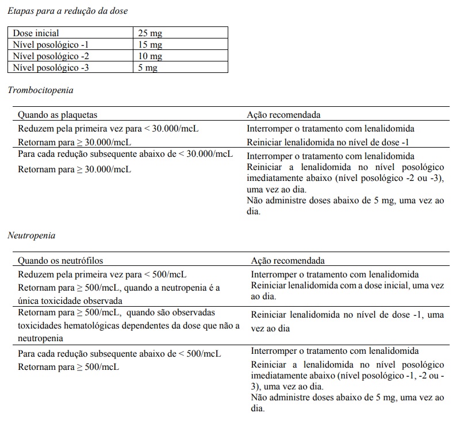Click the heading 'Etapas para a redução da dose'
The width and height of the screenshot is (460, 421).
tap(68, 11)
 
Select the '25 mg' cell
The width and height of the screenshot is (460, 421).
tap(150, 33)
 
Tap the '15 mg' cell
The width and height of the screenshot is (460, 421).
tap(150, 45)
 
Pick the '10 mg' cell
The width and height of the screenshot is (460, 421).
tap(150, 56)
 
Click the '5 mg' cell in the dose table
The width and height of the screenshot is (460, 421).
tap(148, 68)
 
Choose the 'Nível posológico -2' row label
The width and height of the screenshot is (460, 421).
tap(51, 56)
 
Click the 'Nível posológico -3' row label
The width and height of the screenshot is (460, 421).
tap(51, 68)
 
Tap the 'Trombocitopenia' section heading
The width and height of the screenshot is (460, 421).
tap(40, 90)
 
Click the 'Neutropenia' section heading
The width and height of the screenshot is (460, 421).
tap(32, 235)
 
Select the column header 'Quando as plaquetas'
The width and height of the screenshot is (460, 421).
tap(57, 115)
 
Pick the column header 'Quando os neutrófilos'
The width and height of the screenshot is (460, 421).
tap(60, 260)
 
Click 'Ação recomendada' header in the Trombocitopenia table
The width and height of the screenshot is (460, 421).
tap(283, 115)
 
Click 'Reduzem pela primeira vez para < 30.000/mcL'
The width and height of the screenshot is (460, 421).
tap(109, 129)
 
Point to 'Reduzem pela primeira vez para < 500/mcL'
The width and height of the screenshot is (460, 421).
tap(102, 274)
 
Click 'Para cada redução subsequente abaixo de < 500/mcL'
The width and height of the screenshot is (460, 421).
tap(119, 353)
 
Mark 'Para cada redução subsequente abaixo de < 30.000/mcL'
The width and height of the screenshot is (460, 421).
tap(125, 155)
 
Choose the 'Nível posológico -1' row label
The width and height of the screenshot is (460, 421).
tap(51, 45)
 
